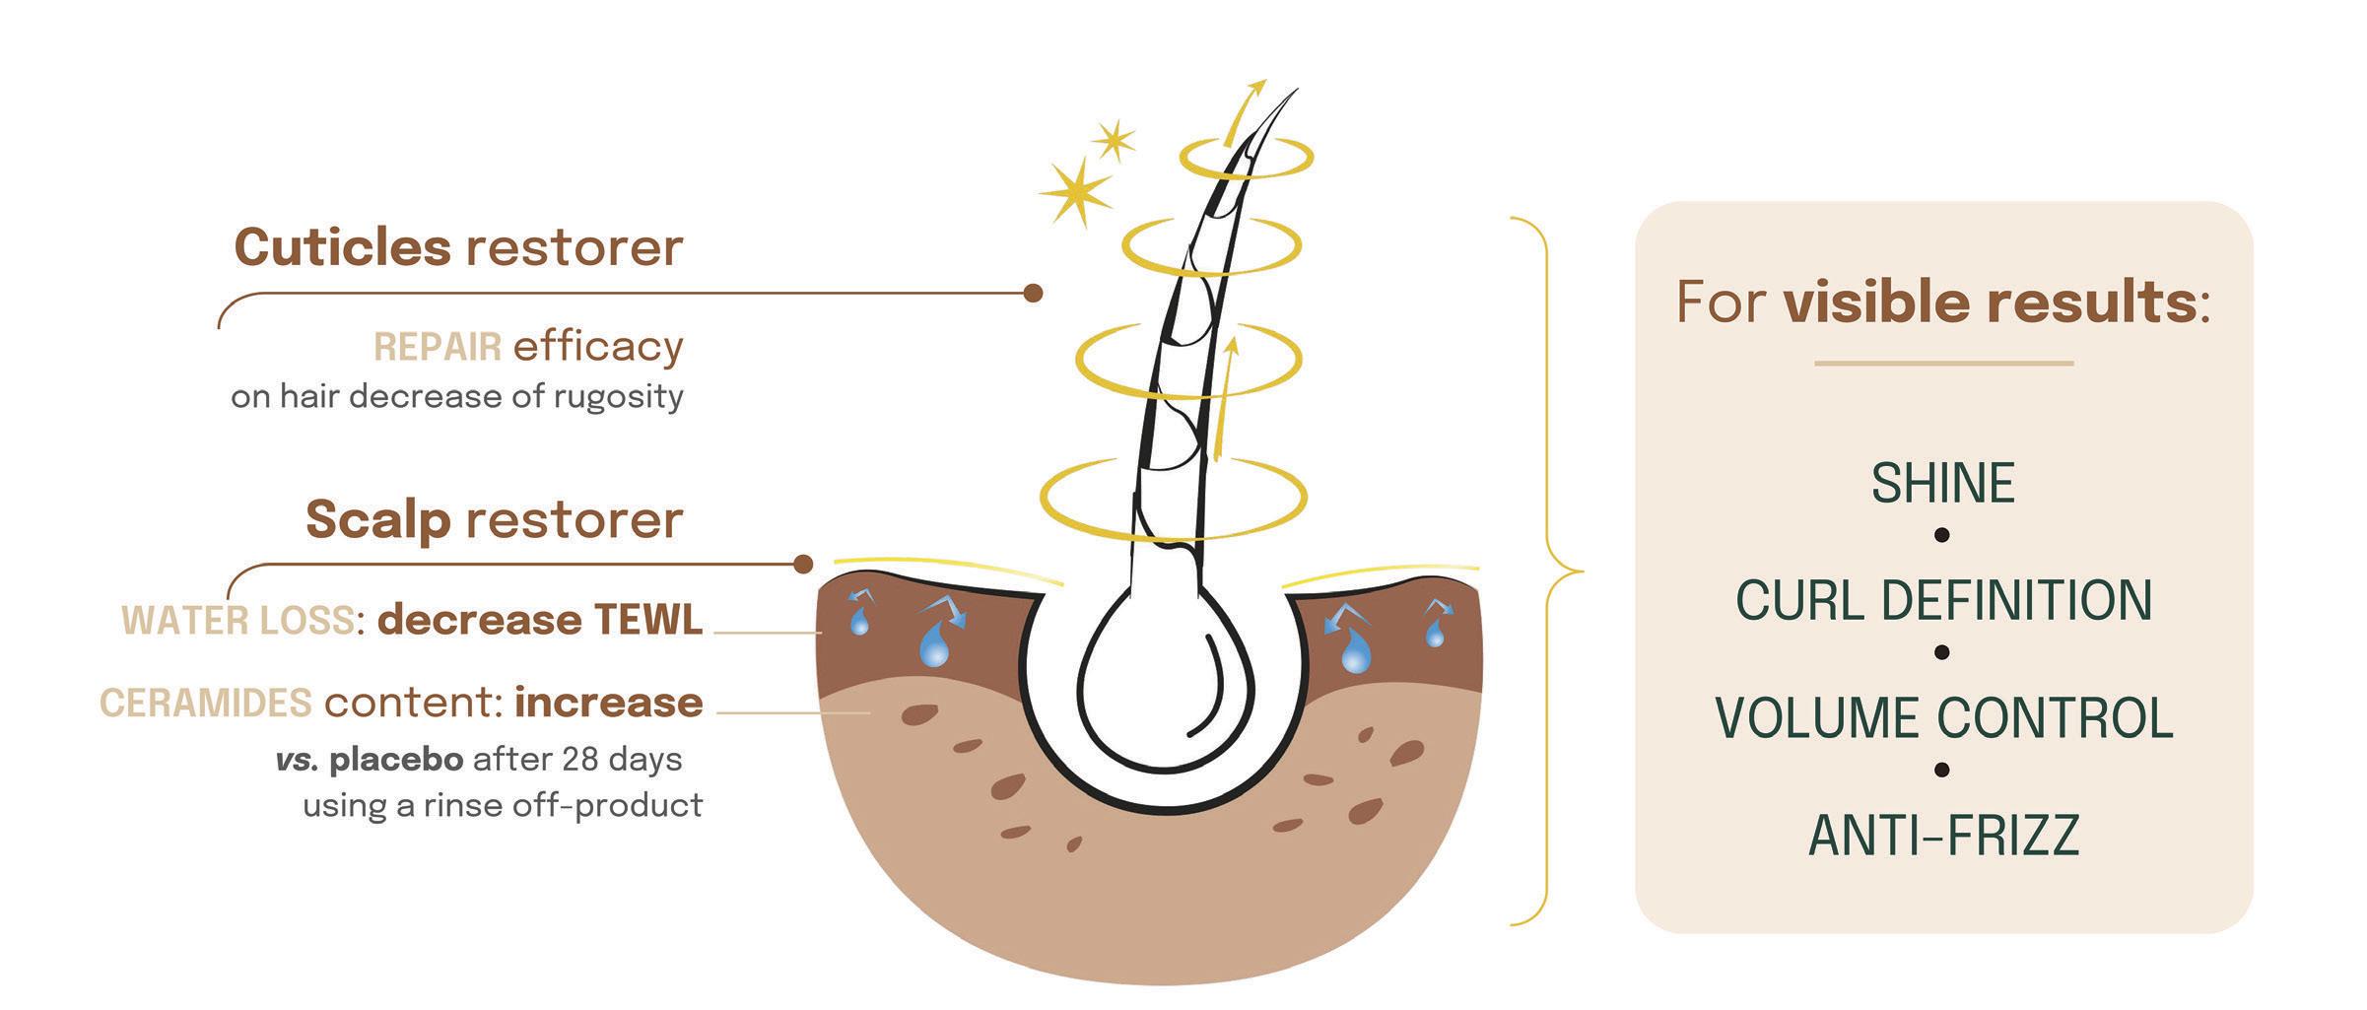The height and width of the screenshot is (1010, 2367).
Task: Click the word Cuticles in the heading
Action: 342,247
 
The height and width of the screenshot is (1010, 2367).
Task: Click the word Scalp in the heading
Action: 377,519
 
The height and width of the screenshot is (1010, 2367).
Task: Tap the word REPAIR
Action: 437,348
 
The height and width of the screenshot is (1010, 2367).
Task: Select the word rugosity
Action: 618,397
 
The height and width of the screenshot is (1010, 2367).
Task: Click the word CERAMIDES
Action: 205,704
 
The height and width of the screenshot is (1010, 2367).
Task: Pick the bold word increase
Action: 608,704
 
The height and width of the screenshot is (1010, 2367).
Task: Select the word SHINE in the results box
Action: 1942,484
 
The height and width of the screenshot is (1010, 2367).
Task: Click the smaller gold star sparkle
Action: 1115,141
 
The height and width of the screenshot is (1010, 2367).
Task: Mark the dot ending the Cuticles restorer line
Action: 1033,293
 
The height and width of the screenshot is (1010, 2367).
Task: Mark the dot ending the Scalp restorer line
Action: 803,564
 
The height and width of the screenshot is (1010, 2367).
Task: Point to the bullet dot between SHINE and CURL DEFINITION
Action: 1942,535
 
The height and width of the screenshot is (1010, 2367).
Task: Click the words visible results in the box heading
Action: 1990,303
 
